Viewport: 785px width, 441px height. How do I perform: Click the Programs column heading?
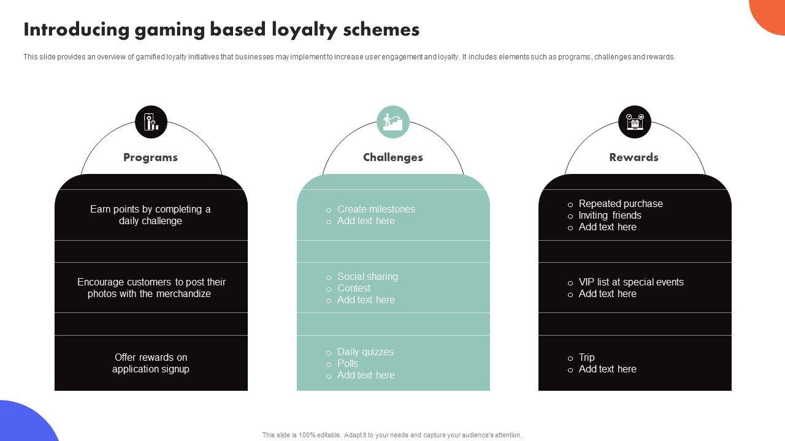pos(150,157)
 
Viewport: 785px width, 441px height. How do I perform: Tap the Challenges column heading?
pos(393,157)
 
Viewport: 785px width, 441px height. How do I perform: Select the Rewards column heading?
pos(634,157)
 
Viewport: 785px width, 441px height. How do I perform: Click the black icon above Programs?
pos(151,122)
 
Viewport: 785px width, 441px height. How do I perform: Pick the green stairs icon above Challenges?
pos(393,122)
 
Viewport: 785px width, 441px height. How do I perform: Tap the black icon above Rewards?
pos(634,122)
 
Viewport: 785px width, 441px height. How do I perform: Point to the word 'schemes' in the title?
pos(384,30)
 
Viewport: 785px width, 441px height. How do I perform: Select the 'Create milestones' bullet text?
pos(376,209)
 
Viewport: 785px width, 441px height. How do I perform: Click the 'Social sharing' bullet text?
pos(367,276)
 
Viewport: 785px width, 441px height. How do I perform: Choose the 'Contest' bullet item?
pos(354,288)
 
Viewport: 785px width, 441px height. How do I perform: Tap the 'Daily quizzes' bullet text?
pos(366,352)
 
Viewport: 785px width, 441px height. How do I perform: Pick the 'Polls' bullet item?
pos(348,363)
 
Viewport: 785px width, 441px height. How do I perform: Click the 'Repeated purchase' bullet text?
pos(621,203)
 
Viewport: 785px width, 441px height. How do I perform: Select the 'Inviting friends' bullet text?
pos(610,215)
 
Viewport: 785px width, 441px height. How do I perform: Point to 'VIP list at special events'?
pos(631,282)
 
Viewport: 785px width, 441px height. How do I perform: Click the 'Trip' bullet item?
pos(587,357)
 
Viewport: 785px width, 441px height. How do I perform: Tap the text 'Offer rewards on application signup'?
pos(151,363)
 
